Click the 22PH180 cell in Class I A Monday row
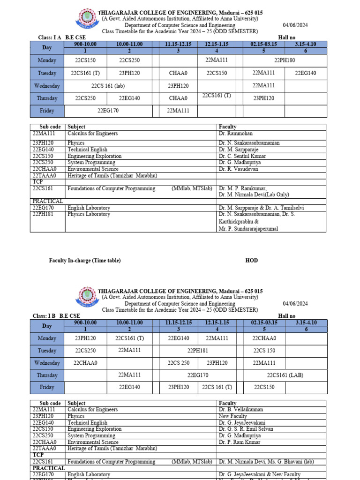point(285,60)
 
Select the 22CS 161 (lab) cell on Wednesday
point(108,86)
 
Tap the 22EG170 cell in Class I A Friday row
point(108,111)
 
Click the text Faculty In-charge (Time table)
point(85,261)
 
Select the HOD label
point(252,261)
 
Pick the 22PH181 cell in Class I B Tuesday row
point(198,350)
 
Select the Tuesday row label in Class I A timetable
point(47,73)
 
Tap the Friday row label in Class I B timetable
point(47,388)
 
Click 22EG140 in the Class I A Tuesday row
point(306,73)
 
